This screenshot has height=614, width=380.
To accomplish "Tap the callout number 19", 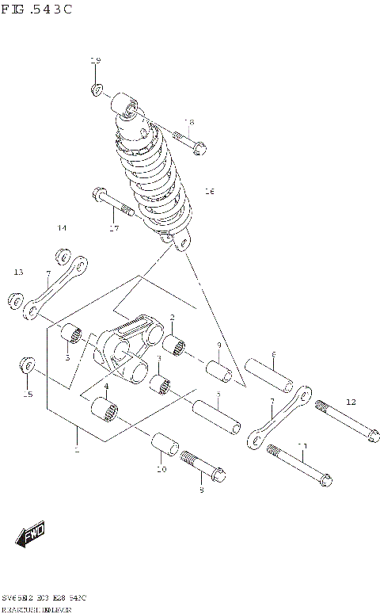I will pyautogui.click(x=96, y=61).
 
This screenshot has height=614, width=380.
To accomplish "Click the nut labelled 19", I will pyautogui.click(x=97, y=89).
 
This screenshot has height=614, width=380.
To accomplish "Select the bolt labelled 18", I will pyautogui.click(x=185, y=143).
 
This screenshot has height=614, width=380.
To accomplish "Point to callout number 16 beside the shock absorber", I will pyautogui.click(x=209, y=191).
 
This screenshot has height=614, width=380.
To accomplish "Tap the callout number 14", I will pyautogui.click(x=62, y=228).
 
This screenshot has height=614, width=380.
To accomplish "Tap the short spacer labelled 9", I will pyautogui.click(x=218, y=371).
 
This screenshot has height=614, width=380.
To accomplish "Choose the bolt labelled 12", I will pyautogui.click(x=347, y=420).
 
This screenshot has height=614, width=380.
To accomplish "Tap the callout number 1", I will pyautogui.click(x=76, y=451).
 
